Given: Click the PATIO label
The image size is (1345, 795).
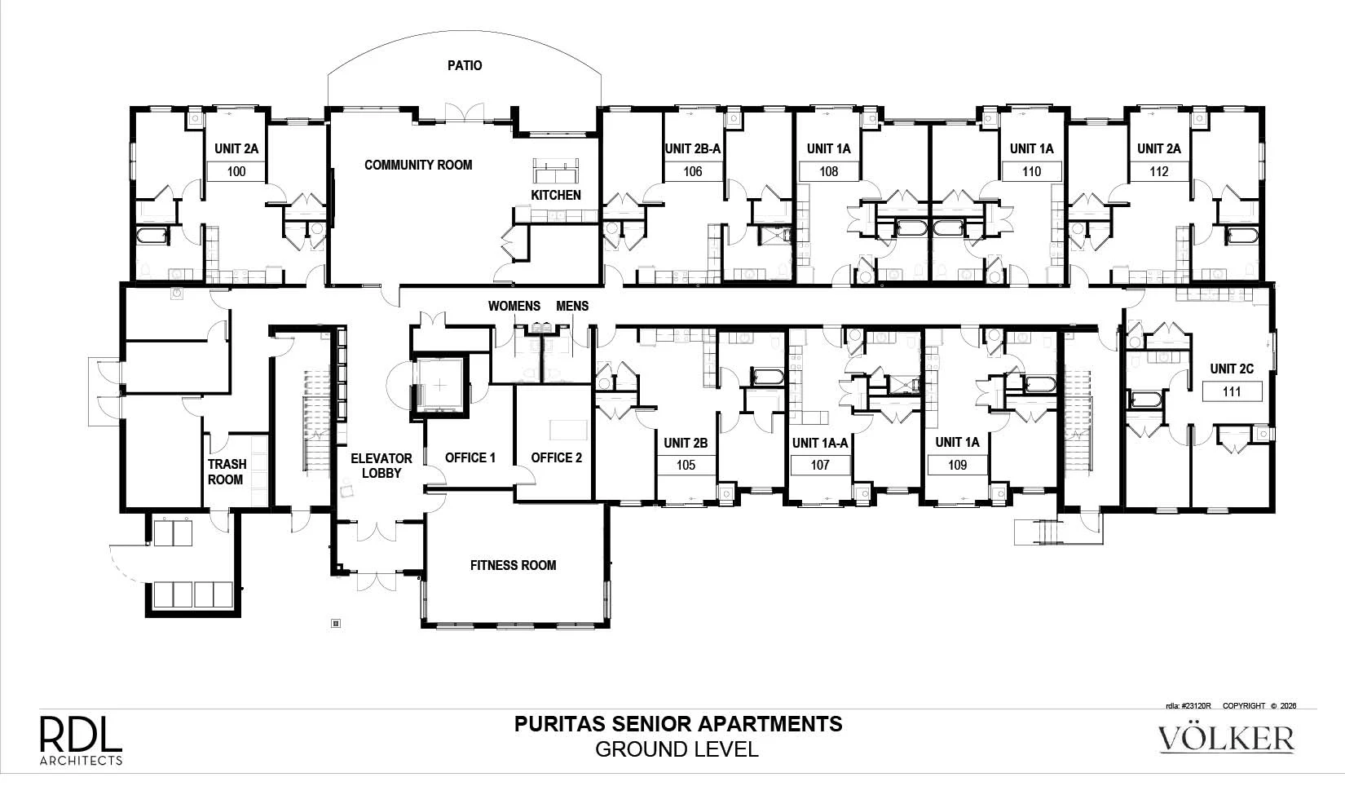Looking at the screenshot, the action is tap(465, 65).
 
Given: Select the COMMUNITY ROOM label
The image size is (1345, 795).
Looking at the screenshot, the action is tap(418, 166).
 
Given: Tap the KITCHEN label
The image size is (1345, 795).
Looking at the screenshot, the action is tap(556, 195).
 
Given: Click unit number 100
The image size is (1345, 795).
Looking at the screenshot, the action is tap(236, 172).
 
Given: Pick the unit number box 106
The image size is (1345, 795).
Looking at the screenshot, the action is tap(693, 172).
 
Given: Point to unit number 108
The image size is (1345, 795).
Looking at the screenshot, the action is tap(829, 172).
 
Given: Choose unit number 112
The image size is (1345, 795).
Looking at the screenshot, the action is tap(1159, 172).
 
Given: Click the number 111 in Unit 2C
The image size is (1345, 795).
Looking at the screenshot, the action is tap(1232, 392).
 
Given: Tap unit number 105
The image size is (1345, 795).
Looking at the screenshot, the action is tap(686, 466).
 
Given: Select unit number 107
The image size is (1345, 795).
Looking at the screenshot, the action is tap(820, 466).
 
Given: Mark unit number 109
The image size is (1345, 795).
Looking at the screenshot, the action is tap(957, 466).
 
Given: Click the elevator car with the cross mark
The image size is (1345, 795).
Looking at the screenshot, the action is tap(440, 385).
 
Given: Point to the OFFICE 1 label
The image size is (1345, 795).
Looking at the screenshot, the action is tap(470, 458).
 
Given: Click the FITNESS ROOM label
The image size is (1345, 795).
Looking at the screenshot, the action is tap(514, 566).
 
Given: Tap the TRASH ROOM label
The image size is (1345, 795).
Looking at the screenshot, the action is tap(227, 472).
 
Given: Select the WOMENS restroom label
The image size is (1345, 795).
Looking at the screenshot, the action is tap(514, 307).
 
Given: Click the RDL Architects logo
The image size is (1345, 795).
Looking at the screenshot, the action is tap(81, 740).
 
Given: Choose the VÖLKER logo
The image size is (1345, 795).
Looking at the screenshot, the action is tap(1226, 738).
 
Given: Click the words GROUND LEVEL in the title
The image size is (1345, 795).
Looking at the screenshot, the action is tap(677, 750).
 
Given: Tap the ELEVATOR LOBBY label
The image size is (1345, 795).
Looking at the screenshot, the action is tap(381, 466).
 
